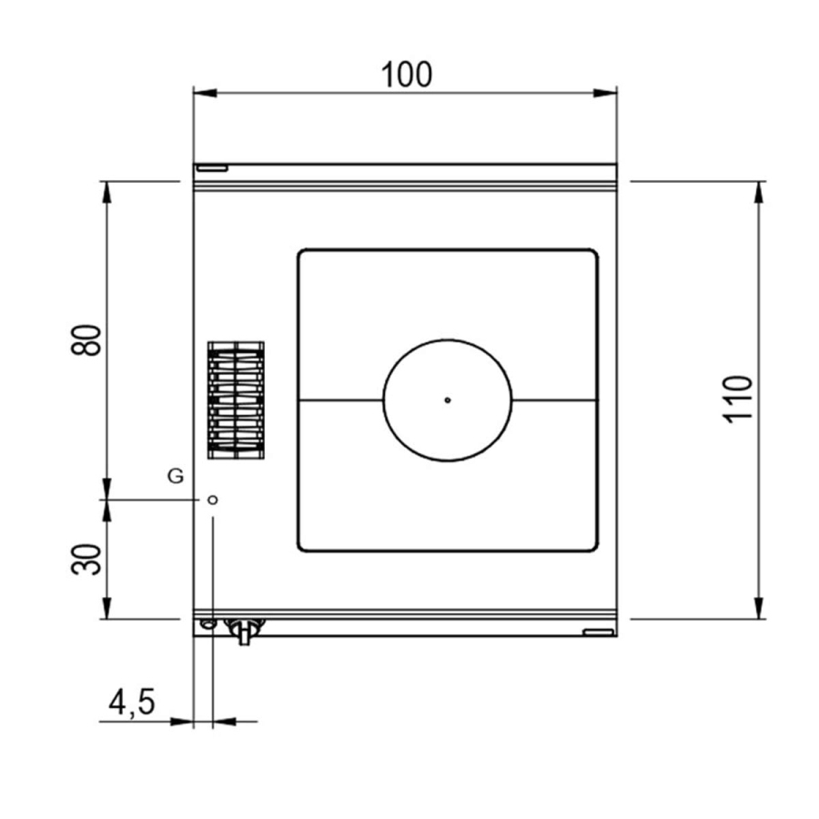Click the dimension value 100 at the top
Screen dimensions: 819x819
pyautogui.click(x=407, y=75)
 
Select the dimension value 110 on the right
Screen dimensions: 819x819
pyautogui.click(x=739, y=399)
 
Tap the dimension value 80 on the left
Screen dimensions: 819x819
pyautogui.click(x=86, y=340)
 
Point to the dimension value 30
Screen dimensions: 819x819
pyautogui.click(x=86, y=560)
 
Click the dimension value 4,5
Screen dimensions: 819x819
pyautogui.click(x=132, y=702)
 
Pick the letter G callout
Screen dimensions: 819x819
pyautogui.click(x=176, y=476)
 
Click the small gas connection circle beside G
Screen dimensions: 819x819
pyautogui.click(x=213, y=500)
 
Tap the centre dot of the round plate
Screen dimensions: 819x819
pyautogui.click(x=448, y=400)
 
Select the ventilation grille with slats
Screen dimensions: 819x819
pyautogui.click(x=236, y=400)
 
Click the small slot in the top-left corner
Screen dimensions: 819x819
pyautogui.click(x=212, y=168)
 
